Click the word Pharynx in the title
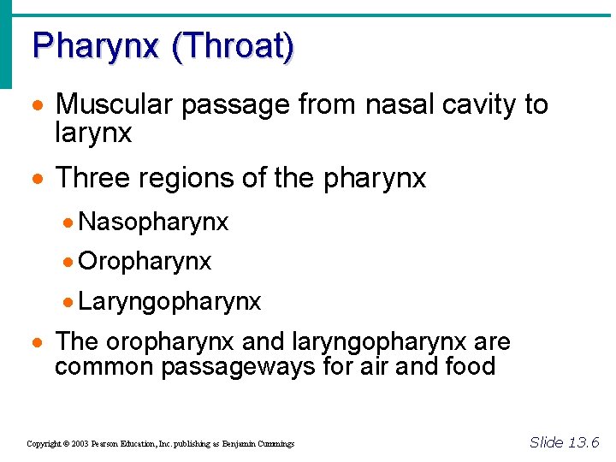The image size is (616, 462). [x=95, y=45]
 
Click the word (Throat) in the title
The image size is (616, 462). [x=233, y=45]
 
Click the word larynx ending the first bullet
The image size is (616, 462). [x=93, y=133]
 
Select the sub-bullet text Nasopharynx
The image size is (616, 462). [x=153, y=222]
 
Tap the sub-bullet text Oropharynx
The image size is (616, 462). [x=145, y=262]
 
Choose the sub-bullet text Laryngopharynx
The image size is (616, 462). [x=169, y=302]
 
